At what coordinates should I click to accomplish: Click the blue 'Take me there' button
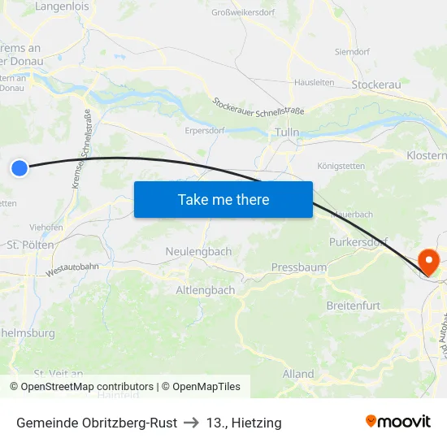click(x=223, y=199)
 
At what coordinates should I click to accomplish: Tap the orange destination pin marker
click(x=427, y=262)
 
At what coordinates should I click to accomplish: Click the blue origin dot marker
click(x=20, y=168)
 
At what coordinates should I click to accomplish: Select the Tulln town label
click(x=287, y=132)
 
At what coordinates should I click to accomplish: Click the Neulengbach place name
click(x=198, y=252)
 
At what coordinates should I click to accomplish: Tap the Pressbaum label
click(x=298, y=267)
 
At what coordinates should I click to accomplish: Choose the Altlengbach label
click(x=206, y=290)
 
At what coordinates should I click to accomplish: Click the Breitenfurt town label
click(x=353, y=305)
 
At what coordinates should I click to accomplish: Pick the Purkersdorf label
click(x=358, y=242)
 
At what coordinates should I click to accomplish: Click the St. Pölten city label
click(x=30, y=244)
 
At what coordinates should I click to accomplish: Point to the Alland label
click(x=298, y=374)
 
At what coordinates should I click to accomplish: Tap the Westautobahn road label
click(x=73, y=269)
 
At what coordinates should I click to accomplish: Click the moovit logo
click(x=397, y=422)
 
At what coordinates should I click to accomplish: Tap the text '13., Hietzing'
click(x=244, y=423)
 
